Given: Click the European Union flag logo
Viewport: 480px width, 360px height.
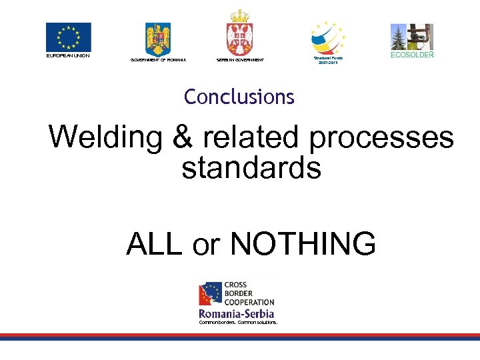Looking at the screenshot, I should click(68, 37).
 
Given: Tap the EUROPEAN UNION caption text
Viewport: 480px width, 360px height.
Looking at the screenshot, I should click(68, 55).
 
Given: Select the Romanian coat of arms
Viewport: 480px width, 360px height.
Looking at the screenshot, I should click(158, 39).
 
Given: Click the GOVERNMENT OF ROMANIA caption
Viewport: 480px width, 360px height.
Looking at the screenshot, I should click(158, 60).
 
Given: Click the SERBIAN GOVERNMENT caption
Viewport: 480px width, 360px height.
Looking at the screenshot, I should click(240, 60).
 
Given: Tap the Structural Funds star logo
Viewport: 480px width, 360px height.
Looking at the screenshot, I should click(328, 36).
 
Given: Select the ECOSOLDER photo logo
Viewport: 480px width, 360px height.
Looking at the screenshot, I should click(411, 37).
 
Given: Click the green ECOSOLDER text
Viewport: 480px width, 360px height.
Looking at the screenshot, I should click(412, 55).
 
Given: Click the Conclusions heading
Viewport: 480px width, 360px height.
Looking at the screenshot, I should click(239, 97).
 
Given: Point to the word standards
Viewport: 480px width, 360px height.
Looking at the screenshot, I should click(251, 168).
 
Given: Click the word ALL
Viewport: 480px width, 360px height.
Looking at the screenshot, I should click(153, 244).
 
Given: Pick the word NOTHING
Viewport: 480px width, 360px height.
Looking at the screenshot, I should click(303, 244).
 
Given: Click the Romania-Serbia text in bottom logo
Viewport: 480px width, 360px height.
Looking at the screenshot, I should click(237, 313).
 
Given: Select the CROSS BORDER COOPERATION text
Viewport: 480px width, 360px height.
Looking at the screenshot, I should click(249, 293).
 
